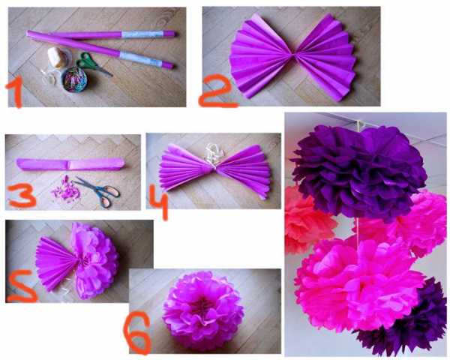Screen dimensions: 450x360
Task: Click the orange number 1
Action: pos(15,92)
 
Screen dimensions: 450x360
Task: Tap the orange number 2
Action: pos(217,91)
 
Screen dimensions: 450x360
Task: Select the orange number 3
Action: pos(22,196)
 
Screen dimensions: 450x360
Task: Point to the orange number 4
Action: pos(158,202)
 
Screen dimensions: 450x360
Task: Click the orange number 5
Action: pos(22,286)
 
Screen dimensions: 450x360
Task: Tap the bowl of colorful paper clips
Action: pos(74,79)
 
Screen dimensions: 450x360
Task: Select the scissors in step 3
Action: pos(98,191)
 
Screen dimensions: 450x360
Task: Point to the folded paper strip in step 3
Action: pos(70,164)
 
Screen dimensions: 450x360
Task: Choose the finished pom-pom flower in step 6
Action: pos(203,311)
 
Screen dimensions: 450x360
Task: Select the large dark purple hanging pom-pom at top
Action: pos(358,172)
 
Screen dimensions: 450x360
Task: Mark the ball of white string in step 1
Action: pos(58,57)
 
